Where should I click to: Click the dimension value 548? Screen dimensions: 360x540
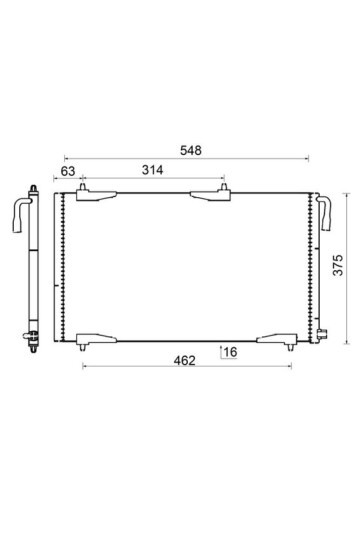[x=191, y=150]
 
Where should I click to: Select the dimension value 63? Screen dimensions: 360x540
[x=68, y=171]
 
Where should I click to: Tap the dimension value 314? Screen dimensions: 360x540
[x=152, y=170]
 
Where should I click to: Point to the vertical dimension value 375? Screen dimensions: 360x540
[x=339, y=265]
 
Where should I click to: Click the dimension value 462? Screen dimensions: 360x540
[x=184, y=361]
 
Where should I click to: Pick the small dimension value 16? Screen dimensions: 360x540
[x=230, y=352]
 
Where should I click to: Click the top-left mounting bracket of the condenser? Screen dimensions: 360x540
[x=96, y=194]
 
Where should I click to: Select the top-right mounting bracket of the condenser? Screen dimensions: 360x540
[x=210, y=194]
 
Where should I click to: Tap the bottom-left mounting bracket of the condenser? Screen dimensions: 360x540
[x=96, y=341]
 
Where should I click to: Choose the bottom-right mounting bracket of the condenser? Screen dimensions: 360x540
[x=277, y=341]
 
